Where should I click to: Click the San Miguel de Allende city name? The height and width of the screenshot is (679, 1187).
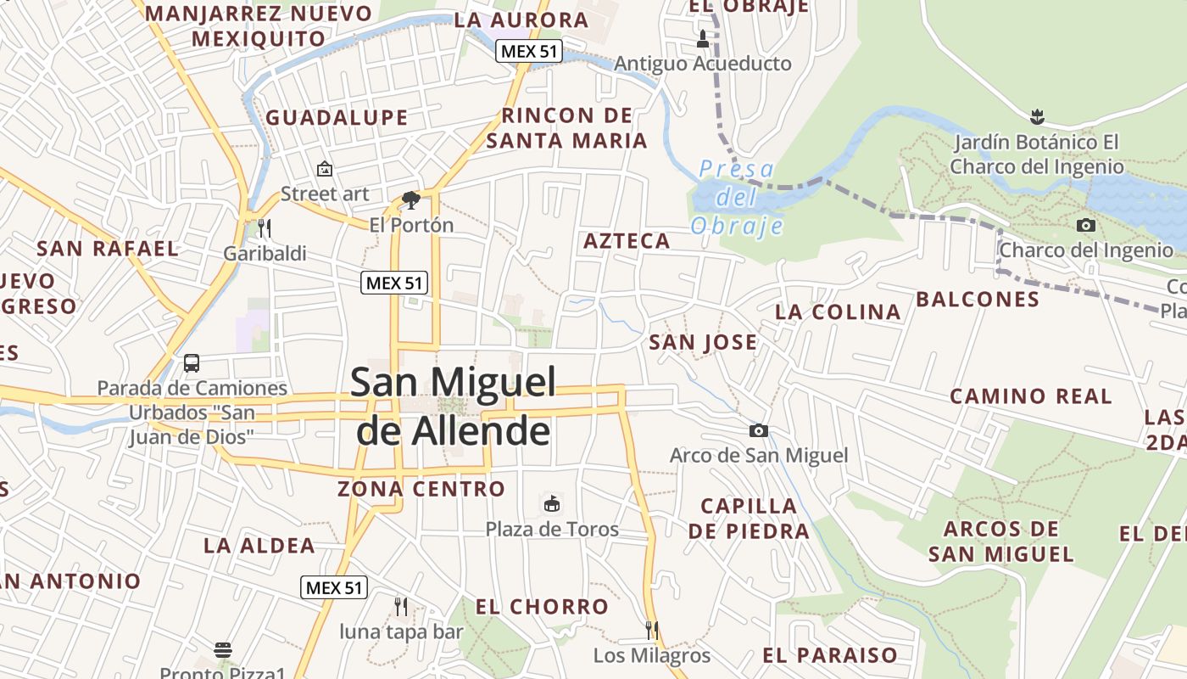point(454,406)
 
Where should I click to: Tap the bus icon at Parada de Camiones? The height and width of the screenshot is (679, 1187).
point(192,363)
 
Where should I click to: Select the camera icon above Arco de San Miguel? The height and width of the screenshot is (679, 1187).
point(759,431)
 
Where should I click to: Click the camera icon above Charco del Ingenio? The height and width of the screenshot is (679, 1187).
point(1085,225)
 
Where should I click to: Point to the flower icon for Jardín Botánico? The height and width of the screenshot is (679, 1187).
point(1036,115)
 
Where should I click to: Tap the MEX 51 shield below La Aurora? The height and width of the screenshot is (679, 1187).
point(529,51)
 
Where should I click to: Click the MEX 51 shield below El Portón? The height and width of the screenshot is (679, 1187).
point(394,283)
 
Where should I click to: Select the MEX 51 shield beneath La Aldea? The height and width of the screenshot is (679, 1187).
point(334,586)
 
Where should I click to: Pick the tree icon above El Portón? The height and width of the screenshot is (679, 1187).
point(411,200)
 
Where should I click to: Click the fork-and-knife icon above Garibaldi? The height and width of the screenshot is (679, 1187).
point(264,227)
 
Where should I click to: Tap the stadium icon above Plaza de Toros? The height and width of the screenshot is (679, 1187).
point(552,504)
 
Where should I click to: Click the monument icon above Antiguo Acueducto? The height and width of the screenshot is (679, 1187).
point(702,38)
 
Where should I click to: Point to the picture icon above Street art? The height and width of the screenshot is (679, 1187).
point(325,169)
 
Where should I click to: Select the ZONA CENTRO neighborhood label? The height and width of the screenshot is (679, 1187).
point(421,489)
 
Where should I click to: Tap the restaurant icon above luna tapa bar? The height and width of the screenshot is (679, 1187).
point(401,606)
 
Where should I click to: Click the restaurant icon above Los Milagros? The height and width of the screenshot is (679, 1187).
point(651,630)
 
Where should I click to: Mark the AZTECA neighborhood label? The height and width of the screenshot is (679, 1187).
point(627,241)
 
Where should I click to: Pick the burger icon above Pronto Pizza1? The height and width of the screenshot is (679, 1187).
point(223,650)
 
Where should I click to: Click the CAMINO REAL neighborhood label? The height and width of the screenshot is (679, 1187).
point(1030,396)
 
